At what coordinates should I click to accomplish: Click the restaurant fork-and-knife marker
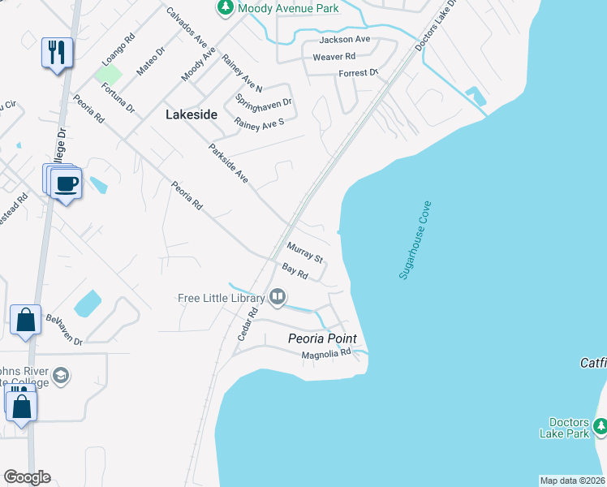[57, 54]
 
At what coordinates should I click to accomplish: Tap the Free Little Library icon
[278, 297]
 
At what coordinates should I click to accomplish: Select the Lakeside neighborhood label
[192, 114]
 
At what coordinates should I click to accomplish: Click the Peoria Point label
[323, 338]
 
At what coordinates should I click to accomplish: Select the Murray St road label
[305, 252]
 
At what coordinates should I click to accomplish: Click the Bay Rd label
[295, 271]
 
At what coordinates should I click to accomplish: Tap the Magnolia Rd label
[325, 354]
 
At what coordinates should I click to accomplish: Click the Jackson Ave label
[345, 39]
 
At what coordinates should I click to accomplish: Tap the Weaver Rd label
[338, 56]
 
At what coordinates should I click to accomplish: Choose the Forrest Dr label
[359, 73]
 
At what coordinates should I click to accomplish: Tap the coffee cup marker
[66, 183]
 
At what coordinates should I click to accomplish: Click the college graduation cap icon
[62, 376]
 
